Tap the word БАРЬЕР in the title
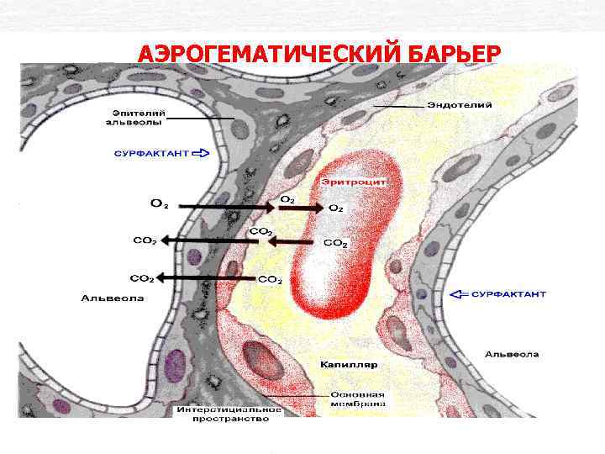(454, 54)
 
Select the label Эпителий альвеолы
(136, 117)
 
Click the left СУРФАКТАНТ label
(151, 154)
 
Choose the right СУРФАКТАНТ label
(508, 294)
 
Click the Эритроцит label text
(352, 181)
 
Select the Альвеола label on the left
(113, 298)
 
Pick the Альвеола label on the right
(512, 354)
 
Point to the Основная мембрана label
(357, 399)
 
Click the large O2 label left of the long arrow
(159, 203)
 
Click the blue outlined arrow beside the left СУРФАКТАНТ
(203, 154)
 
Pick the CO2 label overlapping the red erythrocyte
(335, 243)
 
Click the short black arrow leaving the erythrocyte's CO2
(294, 242)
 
